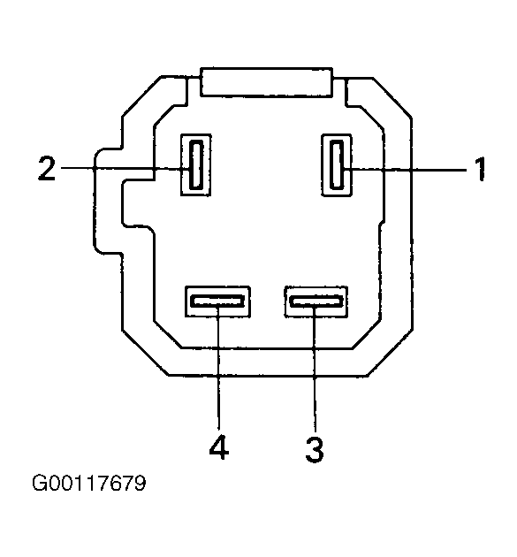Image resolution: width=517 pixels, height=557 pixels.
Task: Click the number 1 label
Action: [479, 169]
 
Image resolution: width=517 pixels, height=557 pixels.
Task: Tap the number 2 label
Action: [47, 168]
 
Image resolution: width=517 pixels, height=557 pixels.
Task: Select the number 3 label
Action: [315, 450]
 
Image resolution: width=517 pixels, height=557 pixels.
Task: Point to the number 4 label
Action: [219, 446]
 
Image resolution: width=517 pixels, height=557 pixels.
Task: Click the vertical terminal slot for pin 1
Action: [337, 164]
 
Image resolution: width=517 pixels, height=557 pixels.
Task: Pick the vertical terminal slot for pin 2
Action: [196, 164]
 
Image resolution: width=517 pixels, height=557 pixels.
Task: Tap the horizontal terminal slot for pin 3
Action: [316, 301]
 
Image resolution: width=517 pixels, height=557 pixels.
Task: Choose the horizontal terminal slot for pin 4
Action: [217, 301]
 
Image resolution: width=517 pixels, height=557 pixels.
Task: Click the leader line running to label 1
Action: [406, 170]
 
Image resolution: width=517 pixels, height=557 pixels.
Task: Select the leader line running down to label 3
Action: [315, 369]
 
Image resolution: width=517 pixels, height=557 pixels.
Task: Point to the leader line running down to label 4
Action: [218, 367]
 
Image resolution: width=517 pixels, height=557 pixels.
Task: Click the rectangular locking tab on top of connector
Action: [266, 81]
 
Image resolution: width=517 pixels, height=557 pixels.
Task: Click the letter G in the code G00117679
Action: [40, 483]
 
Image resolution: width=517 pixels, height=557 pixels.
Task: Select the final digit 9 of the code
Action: [140, 483]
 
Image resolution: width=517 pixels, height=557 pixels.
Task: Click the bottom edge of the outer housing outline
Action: [267, 375]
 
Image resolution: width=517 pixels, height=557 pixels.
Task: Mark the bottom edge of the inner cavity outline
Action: [267, 348]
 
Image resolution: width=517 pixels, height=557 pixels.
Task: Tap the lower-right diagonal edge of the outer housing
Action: [390, 353]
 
